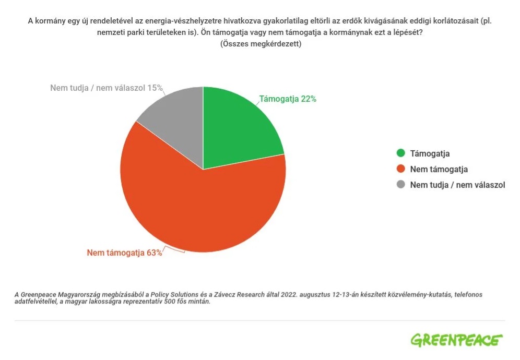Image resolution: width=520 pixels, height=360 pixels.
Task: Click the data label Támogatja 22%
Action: (288, 99)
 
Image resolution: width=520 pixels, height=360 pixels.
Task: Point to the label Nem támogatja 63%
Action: (124, 253)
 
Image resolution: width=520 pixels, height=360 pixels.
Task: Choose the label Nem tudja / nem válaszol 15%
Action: (107, 88)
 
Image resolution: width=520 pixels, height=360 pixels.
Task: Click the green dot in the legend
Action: (400, 153)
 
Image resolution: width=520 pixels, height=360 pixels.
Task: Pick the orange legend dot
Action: (400, 169)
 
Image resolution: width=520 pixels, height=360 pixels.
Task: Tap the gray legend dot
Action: (400, 185)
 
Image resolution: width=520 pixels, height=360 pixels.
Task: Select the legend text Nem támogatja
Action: (439, 169)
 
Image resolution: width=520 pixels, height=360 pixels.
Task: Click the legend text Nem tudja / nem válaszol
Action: (457, 185)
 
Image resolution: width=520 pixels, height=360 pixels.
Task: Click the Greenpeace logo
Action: (456, 340)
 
